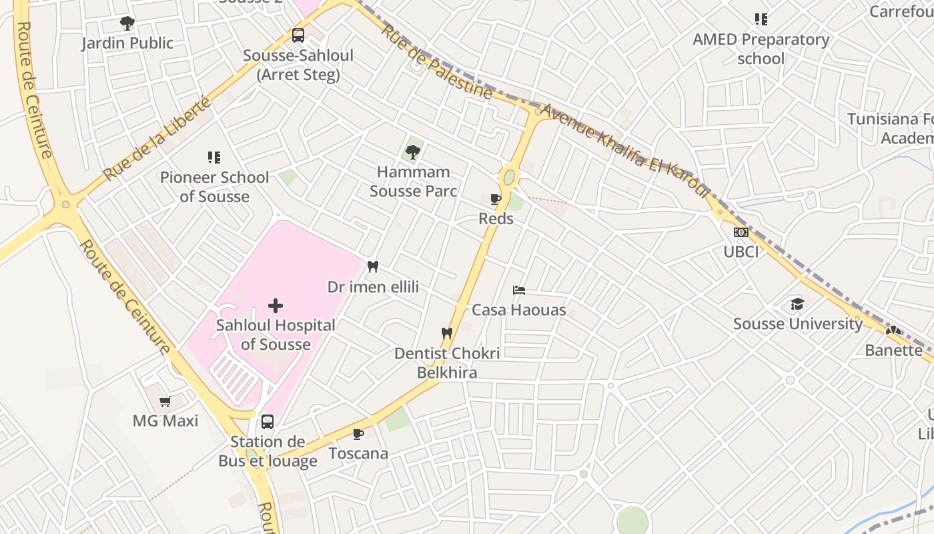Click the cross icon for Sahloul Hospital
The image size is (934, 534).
point(276,306)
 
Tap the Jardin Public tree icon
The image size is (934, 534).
point(127,24)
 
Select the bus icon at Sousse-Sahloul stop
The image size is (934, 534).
point(298,35)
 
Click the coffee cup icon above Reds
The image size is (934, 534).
point(496,199)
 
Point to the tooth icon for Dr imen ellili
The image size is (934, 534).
point(373,267)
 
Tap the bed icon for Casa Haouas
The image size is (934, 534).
point(519,290)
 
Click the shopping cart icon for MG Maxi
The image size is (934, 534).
point(165,401)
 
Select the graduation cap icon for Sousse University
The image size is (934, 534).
point(797,304)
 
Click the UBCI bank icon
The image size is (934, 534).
point(741,232)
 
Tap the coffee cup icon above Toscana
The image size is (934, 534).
point(358,434)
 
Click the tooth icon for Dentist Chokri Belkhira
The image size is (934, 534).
point(447,333)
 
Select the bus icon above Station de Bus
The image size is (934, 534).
point(268,422)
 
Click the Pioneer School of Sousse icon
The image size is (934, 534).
point(214,158)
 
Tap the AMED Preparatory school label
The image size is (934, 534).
point(761,49)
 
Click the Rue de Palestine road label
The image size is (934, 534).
point(436,61)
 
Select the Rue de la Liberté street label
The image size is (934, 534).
point(158,139)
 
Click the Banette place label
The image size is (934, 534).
point(893,350)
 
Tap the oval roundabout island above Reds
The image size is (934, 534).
point(509,178)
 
